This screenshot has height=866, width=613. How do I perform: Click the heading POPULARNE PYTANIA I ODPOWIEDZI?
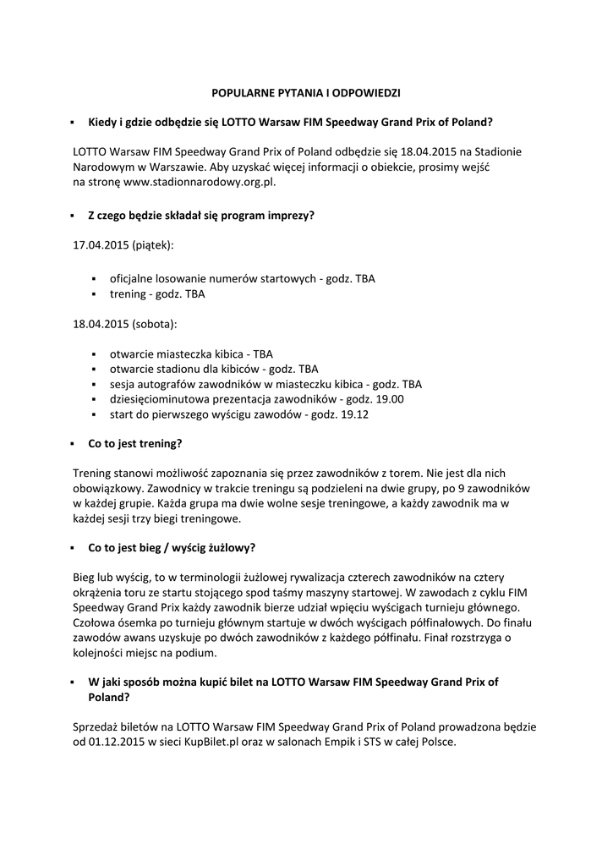pos(305,91)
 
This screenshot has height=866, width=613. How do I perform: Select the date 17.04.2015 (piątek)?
pos(123,245)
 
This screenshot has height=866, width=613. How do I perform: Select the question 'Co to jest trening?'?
pos(135,443)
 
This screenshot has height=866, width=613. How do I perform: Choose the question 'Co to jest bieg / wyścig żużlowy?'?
pos(172,547)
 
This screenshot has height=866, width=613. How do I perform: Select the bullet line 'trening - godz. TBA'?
pos(157,294)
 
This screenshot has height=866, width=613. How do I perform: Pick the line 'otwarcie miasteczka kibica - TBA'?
pos(191,354)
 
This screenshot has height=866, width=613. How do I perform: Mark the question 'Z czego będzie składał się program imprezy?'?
pos(201,215)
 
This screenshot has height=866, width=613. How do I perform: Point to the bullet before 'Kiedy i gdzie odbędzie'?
pos(74,122)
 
